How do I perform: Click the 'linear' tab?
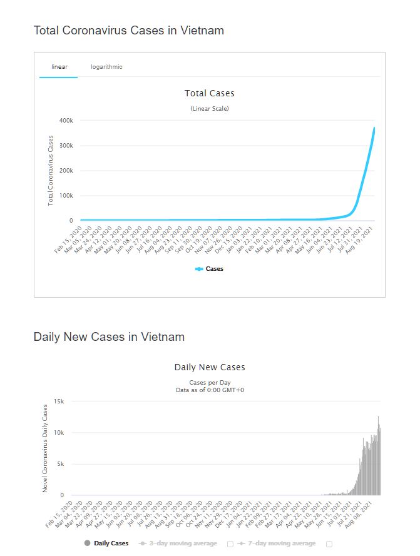click(59, 67)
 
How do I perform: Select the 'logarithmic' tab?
click(106, 67)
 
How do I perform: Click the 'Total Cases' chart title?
click(209, 93)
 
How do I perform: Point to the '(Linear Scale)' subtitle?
click(209, 109)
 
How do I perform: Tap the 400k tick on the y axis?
click(66, 120)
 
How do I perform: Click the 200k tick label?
click(66, 170)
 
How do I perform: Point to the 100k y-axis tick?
click(66, 195)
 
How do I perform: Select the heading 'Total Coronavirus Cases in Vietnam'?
click(128, 30)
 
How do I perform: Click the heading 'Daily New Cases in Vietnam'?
click(109, 337)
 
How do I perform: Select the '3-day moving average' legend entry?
click(182, 543)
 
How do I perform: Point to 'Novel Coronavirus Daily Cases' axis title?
click(45, 448)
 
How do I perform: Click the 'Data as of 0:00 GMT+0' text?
click(209, 390)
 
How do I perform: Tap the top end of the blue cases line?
click(374, 128)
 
